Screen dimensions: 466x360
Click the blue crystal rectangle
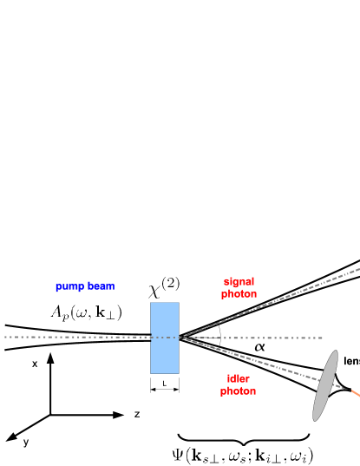tap(164, 338)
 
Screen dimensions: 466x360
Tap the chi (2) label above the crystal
tap(164, 287)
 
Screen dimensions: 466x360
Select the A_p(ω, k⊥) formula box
tap(84, 313)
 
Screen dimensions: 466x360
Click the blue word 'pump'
tap(69, 286)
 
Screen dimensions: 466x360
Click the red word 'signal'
tap(238, 282)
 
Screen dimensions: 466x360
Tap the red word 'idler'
tap(238, 379)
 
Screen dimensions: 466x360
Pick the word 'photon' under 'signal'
tap(238, 294)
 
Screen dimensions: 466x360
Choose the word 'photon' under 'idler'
tap(238, 391)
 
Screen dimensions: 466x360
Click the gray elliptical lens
tap(324, 385)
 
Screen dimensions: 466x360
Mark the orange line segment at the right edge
tap(356, 395)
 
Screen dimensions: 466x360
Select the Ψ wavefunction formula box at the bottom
tap(242, 455)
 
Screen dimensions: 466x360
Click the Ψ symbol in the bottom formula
tap(178, 455)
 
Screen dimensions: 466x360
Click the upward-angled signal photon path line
tap(278, 301)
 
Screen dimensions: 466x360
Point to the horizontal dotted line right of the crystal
tap(260, 338)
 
